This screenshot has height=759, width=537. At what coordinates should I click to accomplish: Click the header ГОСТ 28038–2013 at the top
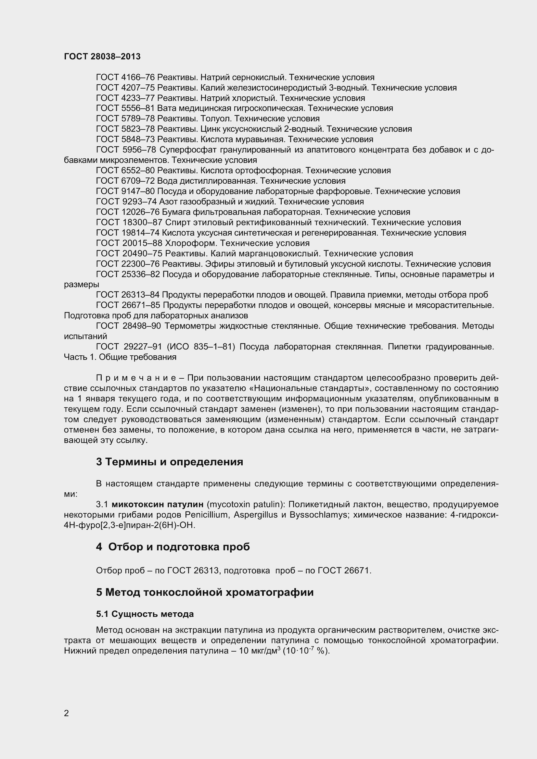(x=102, y=56)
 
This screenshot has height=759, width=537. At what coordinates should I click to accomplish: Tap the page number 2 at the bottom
(x=67, y=713)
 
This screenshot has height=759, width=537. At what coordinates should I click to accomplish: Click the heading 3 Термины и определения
(x=169, y=462)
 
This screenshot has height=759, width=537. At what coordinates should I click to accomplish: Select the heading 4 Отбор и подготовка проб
(x=173, y=547)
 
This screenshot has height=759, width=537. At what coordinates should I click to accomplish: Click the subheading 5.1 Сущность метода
(x=145, y=614)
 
